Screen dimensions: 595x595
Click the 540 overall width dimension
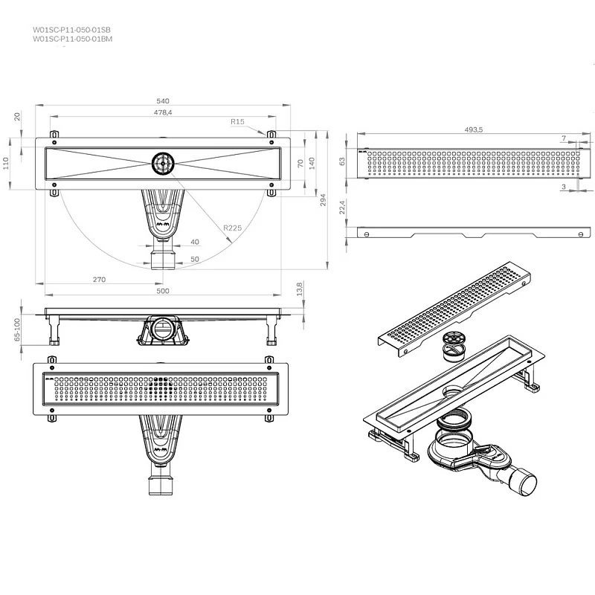162,100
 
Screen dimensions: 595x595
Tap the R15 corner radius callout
237,121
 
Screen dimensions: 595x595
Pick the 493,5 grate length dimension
474,129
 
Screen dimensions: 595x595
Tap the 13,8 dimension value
300,288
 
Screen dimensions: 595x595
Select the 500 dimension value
162,291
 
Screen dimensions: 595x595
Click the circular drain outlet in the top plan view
162,163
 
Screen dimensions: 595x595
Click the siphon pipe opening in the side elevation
161,328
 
